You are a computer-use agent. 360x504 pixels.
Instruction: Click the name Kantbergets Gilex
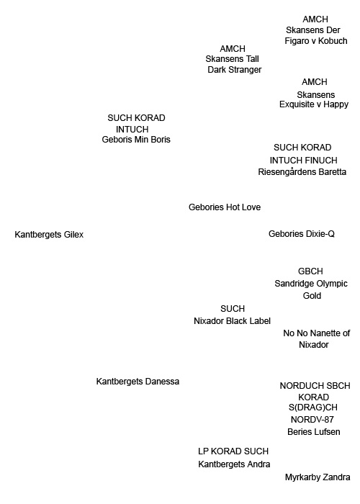(49, 235)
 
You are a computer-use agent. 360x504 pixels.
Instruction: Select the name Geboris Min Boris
(136, 140)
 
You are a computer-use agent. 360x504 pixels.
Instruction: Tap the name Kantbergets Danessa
(138, 382)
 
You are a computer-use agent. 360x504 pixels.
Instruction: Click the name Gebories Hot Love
(225, 207)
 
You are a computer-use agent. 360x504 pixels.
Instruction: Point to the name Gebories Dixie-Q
(302, 234)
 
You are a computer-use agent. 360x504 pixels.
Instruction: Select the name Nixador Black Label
(232, 321)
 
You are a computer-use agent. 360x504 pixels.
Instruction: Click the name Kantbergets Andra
(234, 464)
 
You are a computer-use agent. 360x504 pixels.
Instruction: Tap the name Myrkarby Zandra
(318, 477)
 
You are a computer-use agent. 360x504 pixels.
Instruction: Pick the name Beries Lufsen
(314, 432)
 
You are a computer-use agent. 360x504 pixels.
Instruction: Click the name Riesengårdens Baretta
(302, 172)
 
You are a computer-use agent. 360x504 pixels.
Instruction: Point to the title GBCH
(310, 271)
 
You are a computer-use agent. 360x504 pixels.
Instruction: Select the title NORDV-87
(312, 420)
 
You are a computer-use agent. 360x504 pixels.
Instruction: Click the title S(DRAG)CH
(313, 408)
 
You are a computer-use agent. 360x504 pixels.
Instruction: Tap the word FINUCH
(320, 161)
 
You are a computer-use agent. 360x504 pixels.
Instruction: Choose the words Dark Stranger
(235, 70)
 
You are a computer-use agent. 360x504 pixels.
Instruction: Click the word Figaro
(297, 41)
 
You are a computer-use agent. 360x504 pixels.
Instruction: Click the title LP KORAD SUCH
(233, 451)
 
